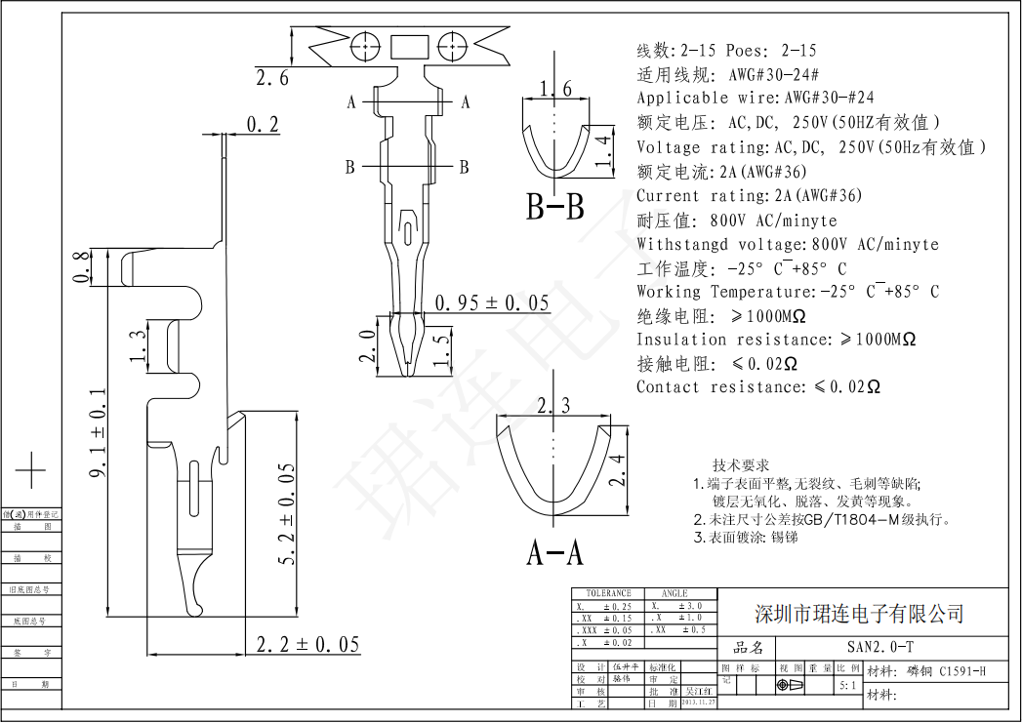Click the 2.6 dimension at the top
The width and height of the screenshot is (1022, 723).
(x=271, y=79)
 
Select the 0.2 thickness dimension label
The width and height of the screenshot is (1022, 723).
(x=263, y=124)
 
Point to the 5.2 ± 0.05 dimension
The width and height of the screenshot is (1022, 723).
(x=286, y=514)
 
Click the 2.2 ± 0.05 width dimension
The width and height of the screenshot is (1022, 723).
(x=307, y=644)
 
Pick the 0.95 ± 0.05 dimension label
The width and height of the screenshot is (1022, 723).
(x=492, y=302)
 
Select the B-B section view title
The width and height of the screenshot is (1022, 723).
(x=555, y=208)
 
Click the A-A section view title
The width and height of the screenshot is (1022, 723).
(x=554, y=553)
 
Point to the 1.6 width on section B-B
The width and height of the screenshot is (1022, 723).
(x=554, y=90)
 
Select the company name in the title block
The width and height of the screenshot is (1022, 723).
(x=860, y=614)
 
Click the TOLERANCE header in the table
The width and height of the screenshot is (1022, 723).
(x=608, y=593)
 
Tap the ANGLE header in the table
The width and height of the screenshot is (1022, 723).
(x=675, y=593)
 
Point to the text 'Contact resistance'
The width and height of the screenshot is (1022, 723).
(x=717, y=387)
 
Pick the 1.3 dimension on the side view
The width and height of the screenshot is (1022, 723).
(x=139, y=344)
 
